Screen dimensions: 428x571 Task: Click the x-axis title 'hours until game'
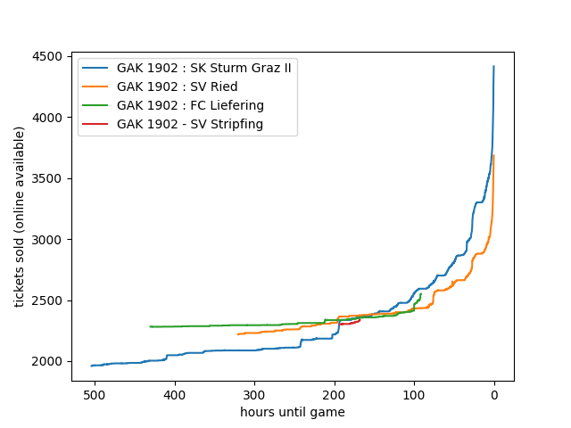[293, 412]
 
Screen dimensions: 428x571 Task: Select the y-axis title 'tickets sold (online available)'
[20, 217]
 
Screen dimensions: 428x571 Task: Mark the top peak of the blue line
[493, 66]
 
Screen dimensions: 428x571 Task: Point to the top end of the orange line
[493, 156]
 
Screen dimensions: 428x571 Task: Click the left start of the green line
[150, 326]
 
